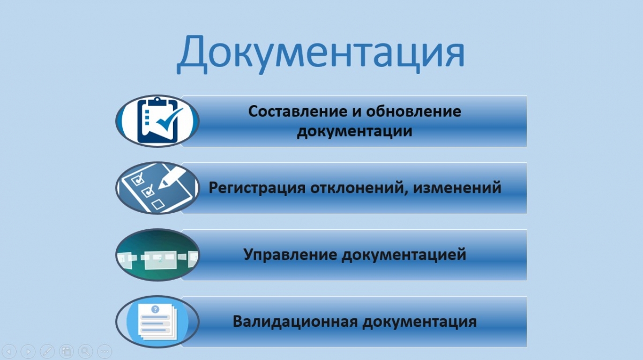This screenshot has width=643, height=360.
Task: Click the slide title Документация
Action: [x=320, y=54]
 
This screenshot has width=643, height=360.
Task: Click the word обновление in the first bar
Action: [x=413, y=111]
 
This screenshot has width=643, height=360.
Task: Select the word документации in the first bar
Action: [x=355, y=131]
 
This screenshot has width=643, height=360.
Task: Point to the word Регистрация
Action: [x=257, y=188]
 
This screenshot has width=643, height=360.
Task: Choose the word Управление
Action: [x=290, y=254]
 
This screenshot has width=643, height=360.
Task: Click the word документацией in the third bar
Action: [x=404, y=254]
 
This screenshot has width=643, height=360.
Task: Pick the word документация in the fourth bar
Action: [x=420, y=322]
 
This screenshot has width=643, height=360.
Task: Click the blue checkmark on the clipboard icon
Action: [x=169, y=119]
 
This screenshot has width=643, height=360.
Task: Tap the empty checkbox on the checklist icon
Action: [x=158, y=205]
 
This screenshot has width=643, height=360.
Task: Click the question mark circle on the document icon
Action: [x=155, y=310]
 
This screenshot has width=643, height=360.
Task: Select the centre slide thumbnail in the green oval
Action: [x=160, y=260]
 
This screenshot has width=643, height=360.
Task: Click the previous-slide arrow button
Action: [x=9, y=351]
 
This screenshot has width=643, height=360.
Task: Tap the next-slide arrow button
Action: [x=28, y=351]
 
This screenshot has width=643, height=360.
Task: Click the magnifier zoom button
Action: [x=85, y=351]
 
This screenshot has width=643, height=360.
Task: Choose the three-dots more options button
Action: [x=104, y=351]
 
